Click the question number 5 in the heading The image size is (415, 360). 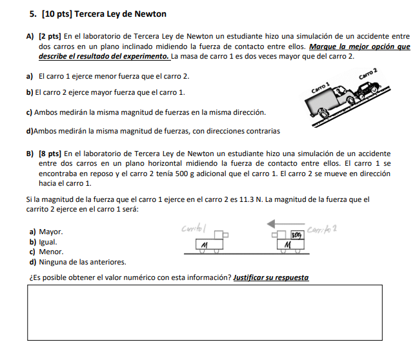coord(32,14)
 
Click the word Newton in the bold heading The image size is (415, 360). coord(150,14)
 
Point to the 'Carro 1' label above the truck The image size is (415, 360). coord(320,88)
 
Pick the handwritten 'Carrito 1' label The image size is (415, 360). coord(193,228)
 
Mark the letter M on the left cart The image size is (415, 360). coord(204,245)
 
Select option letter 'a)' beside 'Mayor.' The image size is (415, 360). coord(32,231)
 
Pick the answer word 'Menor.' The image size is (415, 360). coord(51,252)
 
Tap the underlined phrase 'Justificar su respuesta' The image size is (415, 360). coord(271,278)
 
